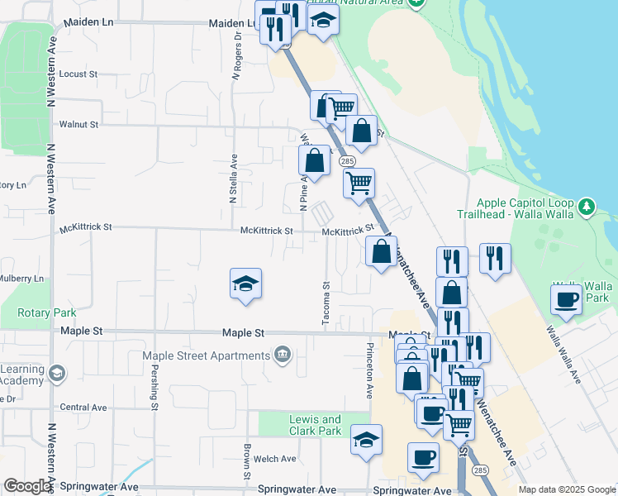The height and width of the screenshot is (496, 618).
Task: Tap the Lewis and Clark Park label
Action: tap(315, 425)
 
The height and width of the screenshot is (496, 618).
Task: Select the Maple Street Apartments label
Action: tap(207, 356)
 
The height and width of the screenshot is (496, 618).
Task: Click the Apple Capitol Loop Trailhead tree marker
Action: tap(587, 207)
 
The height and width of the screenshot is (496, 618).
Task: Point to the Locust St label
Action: tap(79, 74)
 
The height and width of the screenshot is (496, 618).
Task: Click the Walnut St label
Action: tap(79, 125)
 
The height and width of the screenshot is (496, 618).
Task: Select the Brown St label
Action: tap(247, 461)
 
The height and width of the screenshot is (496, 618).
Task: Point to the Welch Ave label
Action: tap(276, 459)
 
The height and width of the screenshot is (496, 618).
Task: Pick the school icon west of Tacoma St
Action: tap(245, 284)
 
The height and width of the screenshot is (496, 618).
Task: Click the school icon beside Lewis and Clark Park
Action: tap(366, 440)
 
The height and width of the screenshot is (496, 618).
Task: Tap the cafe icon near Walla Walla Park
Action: tap(567, 299)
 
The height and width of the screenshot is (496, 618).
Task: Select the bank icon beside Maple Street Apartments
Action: tap(283, 355)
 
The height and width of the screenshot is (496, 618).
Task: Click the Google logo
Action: tap(27, 486)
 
